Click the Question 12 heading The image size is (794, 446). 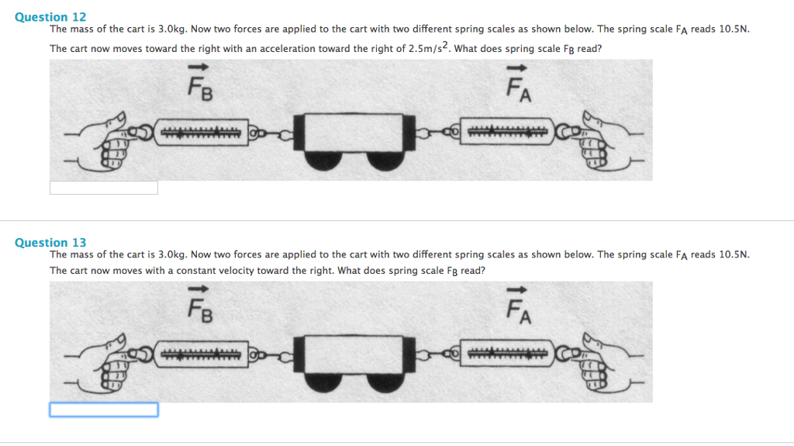(50, 16)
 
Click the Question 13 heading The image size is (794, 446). (50, 242)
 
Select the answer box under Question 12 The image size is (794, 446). (103, 188)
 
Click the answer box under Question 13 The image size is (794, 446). (103, 410)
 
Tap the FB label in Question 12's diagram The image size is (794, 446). (200, 86)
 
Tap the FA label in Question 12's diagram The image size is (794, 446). (518, 86)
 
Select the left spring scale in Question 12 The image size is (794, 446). (200, 133)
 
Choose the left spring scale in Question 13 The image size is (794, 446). (200, 355)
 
